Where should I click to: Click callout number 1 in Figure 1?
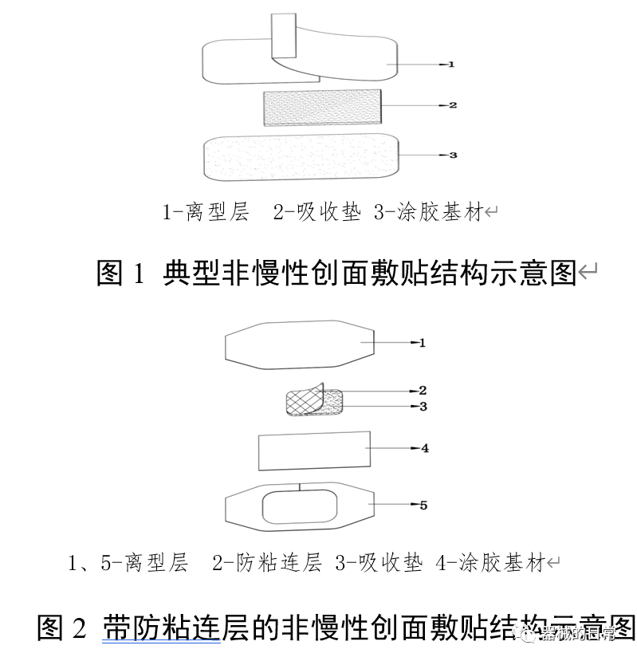(x=450, y=64)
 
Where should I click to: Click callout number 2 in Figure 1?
(x=453, y=105)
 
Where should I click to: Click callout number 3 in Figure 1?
(x=453, y=155)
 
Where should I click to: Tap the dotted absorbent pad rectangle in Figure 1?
(x=322, y=107)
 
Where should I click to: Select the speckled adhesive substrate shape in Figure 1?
(x=301, y=157)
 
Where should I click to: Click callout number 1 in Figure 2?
(x=423, y=343)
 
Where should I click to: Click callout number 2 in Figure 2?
(x=423, y=391)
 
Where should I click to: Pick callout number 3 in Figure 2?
(x=423, y=407)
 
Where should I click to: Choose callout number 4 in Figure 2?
(x=425, y=448)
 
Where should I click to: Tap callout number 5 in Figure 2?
(x=423, y=505)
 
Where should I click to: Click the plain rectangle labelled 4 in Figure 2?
(x=314, y=451)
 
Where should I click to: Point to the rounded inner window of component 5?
(x=299, y=507)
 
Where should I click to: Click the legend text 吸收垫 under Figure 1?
(x=328, y=212)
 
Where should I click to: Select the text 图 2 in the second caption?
(x=61, y=628)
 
